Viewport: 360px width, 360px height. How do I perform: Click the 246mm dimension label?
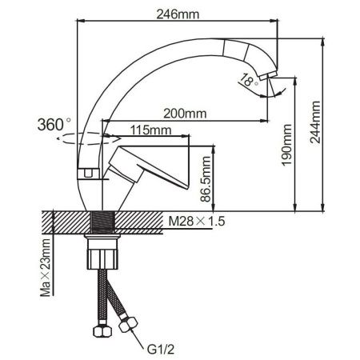[177, 14]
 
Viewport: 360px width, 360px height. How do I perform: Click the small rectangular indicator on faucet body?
[83, 172]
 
